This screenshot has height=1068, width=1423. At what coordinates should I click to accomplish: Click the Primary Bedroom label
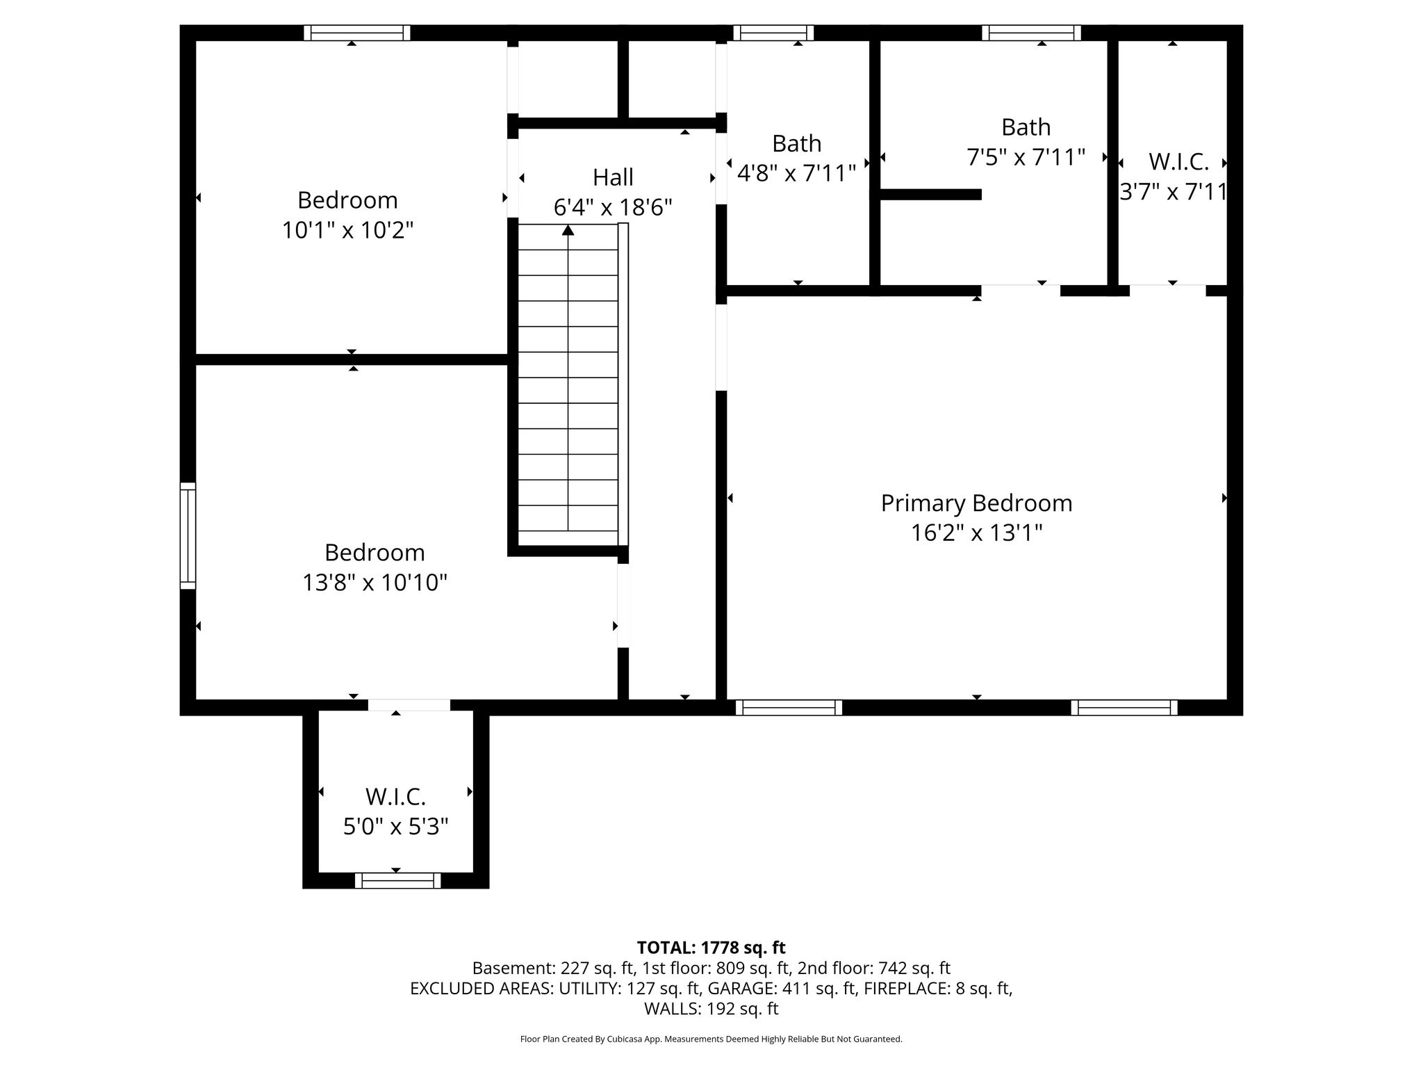pyautogui.click(x=976, y=503)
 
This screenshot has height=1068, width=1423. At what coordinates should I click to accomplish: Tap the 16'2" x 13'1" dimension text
pyautogui.click(x=976, y=533)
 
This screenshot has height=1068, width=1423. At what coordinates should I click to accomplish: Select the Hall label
pyautogui.click(x=613, y=177)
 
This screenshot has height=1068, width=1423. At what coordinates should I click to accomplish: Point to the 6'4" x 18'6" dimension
pyautogui.click(x=613, y=207)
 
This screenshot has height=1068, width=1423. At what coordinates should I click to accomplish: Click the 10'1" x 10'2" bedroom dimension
pyautogui.click(x=347, y=230)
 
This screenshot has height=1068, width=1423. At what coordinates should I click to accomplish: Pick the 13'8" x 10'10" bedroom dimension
pyautogui.click(x=375, y=583)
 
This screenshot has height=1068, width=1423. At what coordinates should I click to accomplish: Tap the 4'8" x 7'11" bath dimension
pyautogui.click(x=796, y=173)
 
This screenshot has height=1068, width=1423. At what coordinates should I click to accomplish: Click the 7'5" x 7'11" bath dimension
pyautogui.click(x=1026, y=157)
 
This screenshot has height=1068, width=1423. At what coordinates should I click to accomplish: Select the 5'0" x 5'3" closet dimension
pyautogui.click(x=395, y=827)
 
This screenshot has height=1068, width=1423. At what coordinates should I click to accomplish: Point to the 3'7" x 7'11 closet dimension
pyautogui.click(x=1173, y=191)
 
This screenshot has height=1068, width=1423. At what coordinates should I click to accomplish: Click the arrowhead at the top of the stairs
pyautogui.click(x=568, y=229)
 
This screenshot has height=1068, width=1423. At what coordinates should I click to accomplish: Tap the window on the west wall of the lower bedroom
pyautogui.click(x=188, y=535)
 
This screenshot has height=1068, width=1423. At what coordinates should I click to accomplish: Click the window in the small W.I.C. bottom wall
pyautogui.click(x=397, y=881)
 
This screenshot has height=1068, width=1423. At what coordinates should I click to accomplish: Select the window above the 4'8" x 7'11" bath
pyautogui.click(x=773, y=33)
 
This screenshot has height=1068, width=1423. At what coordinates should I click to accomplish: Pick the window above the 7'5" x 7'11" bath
pyautogui.click(x=1031, y=33)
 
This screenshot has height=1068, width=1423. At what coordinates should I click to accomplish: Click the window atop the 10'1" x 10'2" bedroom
pyautogui.click(x=357, y=33)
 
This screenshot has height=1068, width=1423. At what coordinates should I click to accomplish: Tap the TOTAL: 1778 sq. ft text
pyautogui.click(x=711, y=948)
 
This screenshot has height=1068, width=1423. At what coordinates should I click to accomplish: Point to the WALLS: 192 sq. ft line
pyautogui.click(x=711, y=1009)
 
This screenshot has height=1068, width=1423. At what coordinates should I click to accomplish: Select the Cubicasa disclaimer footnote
pyautogui.click(x=711, y=1039)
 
